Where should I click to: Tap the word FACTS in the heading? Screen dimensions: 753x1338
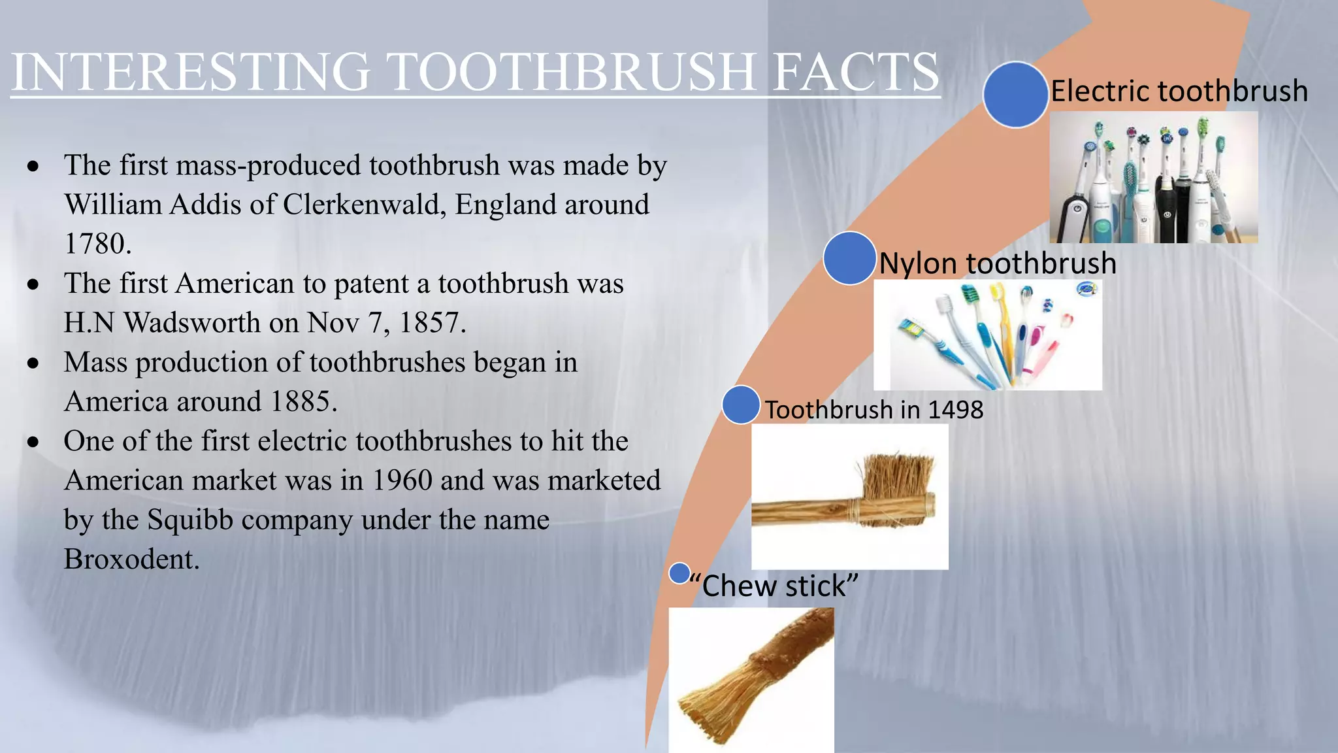(x=856, y=72)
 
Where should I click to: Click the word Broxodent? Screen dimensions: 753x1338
(x=131, y=560)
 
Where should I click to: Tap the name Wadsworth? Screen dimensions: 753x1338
(x=192, y=323)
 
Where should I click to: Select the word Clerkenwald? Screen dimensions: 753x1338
(x=365, y=205)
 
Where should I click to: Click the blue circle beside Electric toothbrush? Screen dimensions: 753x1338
(x=1016, y=95)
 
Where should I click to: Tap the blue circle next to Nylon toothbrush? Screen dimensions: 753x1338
(x=849, y=258)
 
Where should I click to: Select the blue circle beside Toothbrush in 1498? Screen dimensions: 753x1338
(x=741, y=405)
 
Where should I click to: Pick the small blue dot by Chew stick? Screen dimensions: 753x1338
(x=679, y=573)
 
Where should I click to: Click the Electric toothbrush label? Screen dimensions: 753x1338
(x=1179, y=91)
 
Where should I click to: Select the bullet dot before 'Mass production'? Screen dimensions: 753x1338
(x=33, y=363)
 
